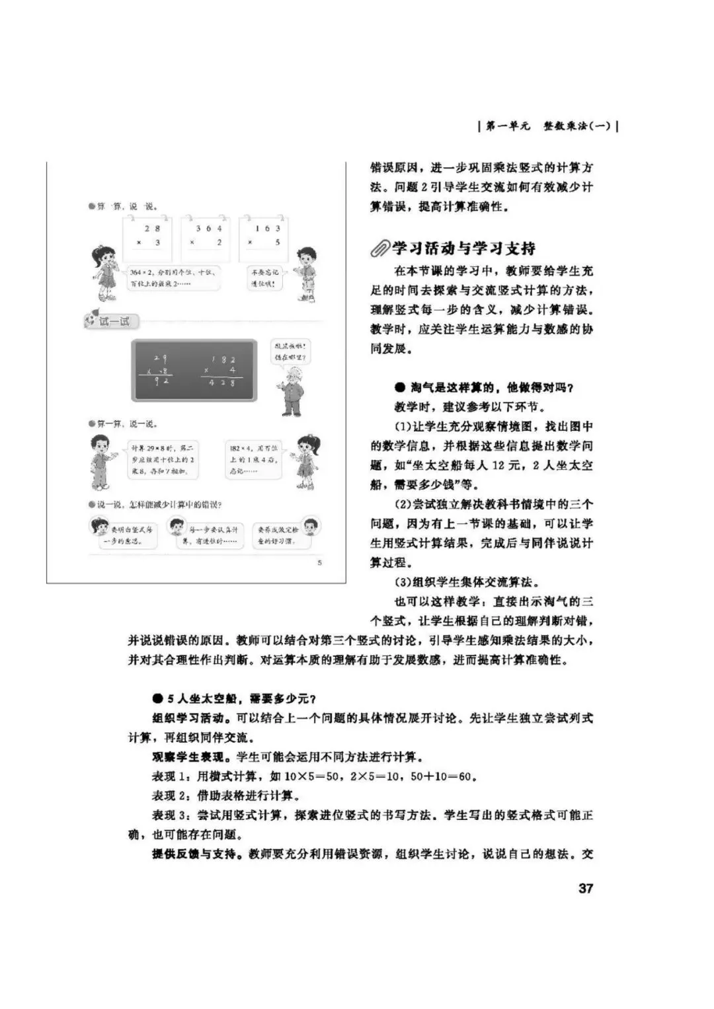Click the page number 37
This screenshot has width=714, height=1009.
(586, 889)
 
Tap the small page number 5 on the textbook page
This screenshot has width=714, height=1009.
(320, 563)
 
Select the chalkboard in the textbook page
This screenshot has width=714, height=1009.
(194, 371)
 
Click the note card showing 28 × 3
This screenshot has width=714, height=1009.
(147, 237)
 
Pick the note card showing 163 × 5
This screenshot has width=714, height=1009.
(264, 237)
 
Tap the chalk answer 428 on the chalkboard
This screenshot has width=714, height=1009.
(221, 383)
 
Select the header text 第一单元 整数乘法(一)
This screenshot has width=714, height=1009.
(548, 126)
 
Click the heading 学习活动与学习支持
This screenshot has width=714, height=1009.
(463, 249)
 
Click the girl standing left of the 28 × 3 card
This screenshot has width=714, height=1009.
(106, 271)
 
